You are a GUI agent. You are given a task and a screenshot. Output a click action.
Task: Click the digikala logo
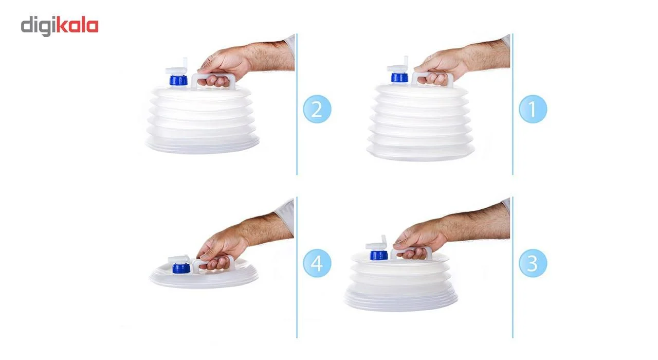(60, 26)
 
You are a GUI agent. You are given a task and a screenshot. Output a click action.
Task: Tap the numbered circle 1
(533, 109)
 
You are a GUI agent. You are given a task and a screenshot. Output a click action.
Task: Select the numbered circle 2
(317, 109)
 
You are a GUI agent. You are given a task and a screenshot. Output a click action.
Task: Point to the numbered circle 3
(533, 263)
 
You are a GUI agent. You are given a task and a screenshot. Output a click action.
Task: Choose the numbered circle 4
(317, 263)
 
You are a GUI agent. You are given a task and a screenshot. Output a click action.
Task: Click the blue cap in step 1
(399, 78)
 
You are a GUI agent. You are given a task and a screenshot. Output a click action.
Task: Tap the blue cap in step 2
(178, 80)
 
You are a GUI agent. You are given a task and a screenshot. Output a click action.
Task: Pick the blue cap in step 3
(379, 255)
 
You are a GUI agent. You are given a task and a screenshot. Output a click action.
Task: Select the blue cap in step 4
(181, 268)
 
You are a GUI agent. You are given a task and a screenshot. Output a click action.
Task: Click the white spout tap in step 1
(398, 65)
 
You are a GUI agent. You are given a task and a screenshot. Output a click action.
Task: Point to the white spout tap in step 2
(177, 67)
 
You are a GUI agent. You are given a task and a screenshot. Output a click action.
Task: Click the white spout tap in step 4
(179, 260)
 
